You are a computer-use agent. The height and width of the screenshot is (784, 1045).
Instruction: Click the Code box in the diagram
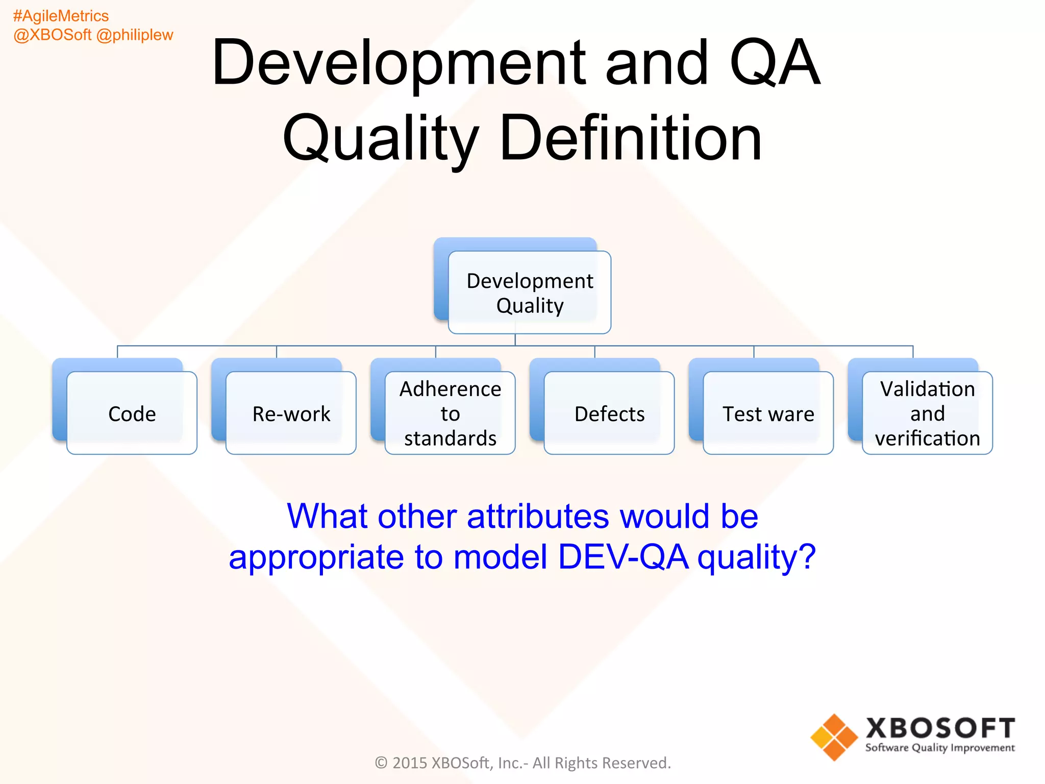click(x=132, y=413)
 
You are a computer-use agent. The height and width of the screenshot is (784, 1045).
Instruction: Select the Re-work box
click(x=291, y=413)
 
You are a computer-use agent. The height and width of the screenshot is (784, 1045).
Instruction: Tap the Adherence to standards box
click(x=450, y=413)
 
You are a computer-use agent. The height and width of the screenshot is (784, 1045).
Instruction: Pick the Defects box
click(x=609, y=413)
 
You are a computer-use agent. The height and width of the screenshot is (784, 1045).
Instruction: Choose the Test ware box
click(x=768, y=413)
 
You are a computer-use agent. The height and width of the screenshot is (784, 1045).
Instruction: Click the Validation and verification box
click(x=927, y=413)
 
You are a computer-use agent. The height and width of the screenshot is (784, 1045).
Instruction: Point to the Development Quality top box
click(x=530, y=292)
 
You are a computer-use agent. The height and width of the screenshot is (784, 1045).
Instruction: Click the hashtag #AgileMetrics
click(x=61, y=16)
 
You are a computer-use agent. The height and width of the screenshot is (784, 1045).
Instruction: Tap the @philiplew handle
click(x=135, y=35)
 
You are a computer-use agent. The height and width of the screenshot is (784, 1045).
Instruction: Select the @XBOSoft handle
click(x=53, y=35)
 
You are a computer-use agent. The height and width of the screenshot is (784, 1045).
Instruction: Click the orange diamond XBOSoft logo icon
click(x=834, y=737)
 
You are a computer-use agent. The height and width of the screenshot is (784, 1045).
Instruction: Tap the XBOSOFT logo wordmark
click(x=940, y=728)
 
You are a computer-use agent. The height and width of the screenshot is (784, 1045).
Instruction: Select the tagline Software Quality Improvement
click(x=940, y=748)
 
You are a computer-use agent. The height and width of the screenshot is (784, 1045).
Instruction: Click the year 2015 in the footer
click(x=409, y=763)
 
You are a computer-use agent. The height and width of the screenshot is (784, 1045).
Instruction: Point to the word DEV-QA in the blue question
click(x=623, y=556)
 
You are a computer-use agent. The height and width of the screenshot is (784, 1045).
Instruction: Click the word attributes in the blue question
click(x=538, y=516)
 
